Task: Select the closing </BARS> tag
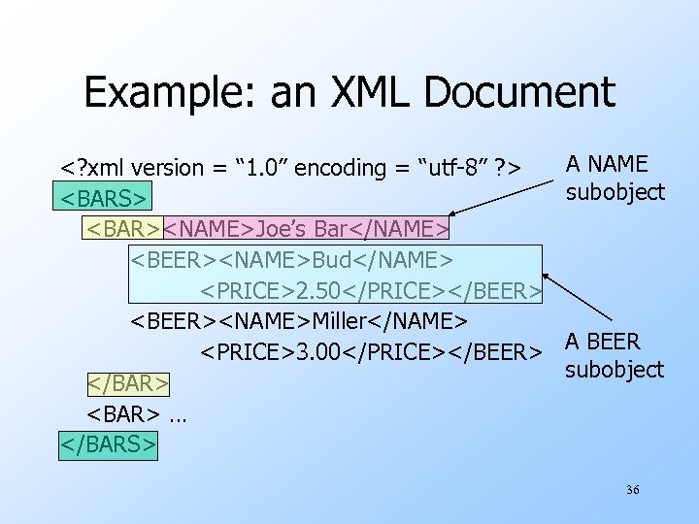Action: click(x=108, y=443)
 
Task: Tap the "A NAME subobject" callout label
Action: click(x=616, y=178)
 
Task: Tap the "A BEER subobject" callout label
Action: click(x=615, y=355)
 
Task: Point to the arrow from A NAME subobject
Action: click(x=505, y=199)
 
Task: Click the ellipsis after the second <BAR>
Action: click(x=177, y=414)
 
